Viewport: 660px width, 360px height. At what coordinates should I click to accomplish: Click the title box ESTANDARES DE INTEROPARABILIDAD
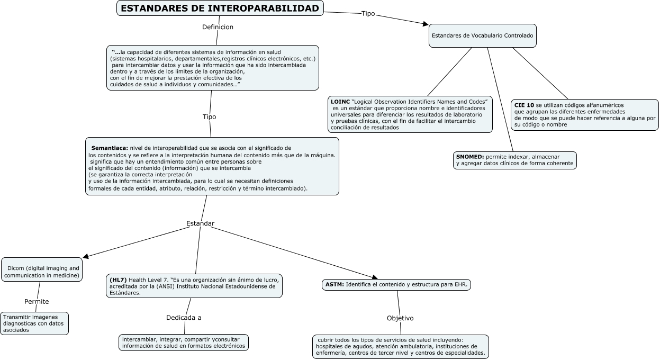point(220,8)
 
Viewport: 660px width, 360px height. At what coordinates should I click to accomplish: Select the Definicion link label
point(218,27)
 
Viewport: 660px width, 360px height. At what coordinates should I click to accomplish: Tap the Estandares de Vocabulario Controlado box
point(482,36)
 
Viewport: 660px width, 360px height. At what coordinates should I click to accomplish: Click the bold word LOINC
point(340,101)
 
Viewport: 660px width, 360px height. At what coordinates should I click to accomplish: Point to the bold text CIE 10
point(523,105)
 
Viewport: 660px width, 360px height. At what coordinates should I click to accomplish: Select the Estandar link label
point(200,223)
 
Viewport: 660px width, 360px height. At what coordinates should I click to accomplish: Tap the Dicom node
point(42,269)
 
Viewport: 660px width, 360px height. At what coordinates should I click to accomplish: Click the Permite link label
point(37,302)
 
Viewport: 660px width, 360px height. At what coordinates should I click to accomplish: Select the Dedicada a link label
point(184,318)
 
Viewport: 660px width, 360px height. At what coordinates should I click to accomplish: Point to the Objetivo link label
point(400,318)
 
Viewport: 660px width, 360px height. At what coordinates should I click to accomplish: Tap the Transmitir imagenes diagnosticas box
point(34,323)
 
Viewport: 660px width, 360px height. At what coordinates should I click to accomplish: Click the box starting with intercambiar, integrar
point(184,343)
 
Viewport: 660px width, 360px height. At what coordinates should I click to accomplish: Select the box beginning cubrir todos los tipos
point(400,346)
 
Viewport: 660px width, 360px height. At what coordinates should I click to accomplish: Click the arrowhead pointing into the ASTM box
point(374,277)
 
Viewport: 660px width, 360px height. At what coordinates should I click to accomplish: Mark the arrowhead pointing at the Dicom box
point(86,257)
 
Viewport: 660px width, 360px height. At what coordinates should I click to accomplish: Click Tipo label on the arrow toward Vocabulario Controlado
point(368,14)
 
